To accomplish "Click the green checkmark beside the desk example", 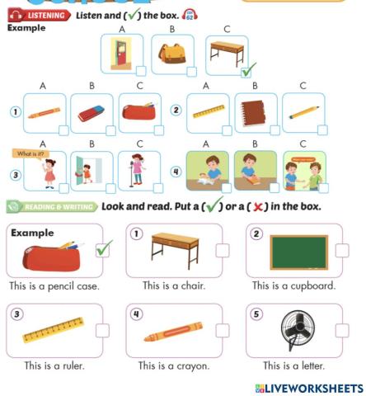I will pyautogui.click(x=248, y=71).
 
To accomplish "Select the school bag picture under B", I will pyautogui.click(x=172, y=54).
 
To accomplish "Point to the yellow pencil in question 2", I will pyautogui.click(x=303, y=112).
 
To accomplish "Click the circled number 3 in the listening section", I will pyautogui.click(x=15, y=175).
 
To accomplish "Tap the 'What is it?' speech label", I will pyautogui.click(x=27, y=154).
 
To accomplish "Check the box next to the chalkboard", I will pyautogui.click(x=342, y=250).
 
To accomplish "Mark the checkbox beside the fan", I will pyautogui.click(x=342, y=330).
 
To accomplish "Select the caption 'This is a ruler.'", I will pyautogui.click(x=54, y=365).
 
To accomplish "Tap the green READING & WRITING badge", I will pyautogui.click(x=51, y=206).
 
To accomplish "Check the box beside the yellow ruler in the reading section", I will pyautogui.click(x=102, y=330).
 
